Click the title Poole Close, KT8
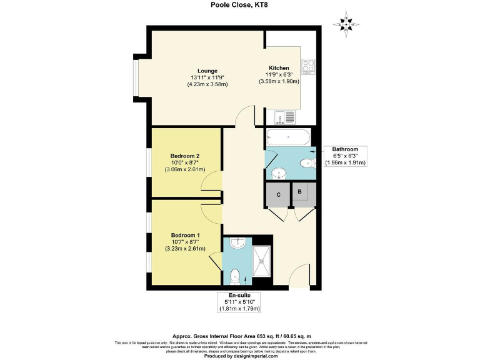click(239, 6)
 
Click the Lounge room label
click(207, 71)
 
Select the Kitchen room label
click(278, 67)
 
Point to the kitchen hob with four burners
click(309, 67)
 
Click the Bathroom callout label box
click(345, 156)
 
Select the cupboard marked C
click(278, 194)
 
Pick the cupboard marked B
click(300, 193)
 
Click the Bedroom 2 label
click(184, 156)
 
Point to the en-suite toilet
click(236, 275)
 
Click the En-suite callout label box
click(238, 301)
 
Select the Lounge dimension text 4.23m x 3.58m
click(207, 84)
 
